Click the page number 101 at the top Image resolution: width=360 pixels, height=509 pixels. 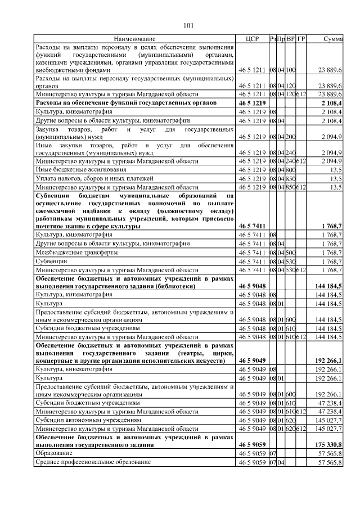(189, 25)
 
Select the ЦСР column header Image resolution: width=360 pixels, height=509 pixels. (251, 39)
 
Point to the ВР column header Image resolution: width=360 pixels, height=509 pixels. (291, 39)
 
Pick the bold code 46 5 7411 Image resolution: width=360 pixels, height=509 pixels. (251, 226)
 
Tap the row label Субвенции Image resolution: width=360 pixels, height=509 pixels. (51, 262)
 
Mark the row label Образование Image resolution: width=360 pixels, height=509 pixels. (54, 453)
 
